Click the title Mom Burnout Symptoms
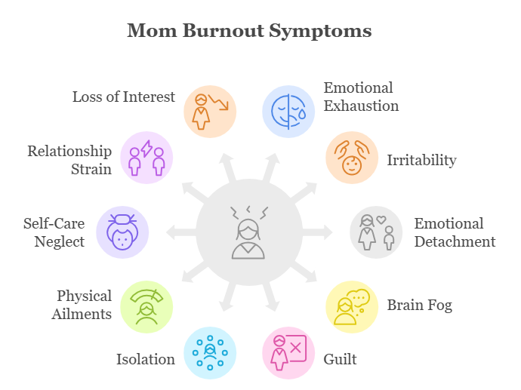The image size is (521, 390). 249,31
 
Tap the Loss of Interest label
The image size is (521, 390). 124,97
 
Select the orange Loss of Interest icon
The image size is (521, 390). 210,111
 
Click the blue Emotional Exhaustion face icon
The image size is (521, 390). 288,111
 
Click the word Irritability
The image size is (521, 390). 421,161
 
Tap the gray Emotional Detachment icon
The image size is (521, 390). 376,232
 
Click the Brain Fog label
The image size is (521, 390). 419,306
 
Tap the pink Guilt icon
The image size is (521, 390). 288,352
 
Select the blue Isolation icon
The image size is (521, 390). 210,352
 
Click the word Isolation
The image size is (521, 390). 145,359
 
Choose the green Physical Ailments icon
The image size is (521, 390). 146,306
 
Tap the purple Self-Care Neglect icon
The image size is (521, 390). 122,232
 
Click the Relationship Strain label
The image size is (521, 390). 69,159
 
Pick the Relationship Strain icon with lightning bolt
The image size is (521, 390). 146,158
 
